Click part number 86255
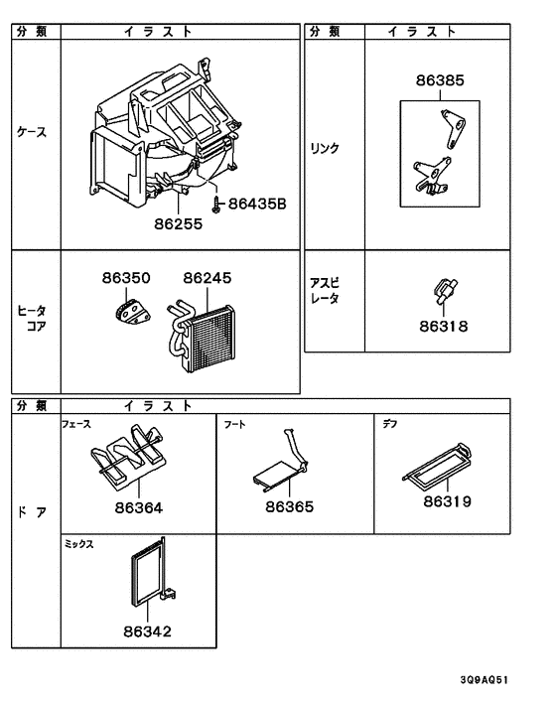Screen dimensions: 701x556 (x=178, y=224)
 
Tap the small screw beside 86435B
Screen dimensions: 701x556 (x=216, y=203)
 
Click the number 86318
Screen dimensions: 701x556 (x=442, y=326)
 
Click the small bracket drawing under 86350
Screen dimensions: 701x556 (x=127, y=314)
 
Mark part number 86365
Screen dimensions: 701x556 (x=289, y=507)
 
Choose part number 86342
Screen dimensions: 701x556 (x=146, y=631)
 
